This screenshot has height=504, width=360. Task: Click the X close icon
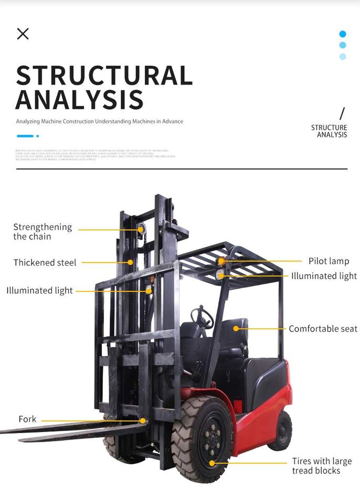click(23, 34)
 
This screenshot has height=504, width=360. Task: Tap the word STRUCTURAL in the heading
click(104, 76)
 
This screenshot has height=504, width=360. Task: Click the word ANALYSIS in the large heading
click(79, 100)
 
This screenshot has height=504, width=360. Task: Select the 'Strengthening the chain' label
click(42, 232)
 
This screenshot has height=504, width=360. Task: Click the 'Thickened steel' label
click(45, 262)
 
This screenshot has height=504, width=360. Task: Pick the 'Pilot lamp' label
click(329, 261)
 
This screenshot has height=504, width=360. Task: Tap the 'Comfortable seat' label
click(323, 329)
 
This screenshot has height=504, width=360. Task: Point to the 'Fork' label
click(27, 419)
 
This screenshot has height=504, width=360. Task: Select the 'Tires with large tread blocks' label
click(322, 466)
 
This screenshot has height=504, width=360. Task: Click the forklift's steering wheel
click(202, 317)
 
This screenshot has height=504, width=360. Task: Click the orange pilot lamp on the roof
click(221, 261)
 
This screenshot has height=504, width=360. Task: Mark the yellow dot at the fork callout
click(143, 421)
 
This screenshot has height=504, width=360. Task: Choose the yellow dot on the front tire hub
click(212, 463)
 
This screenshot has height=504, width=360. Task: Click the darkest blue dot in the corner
click(343, 34)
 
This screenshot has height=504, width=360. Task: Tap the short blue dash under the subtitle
click(25, 136)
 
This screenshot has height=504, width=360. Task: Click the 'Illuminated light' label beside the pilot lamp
click(324, 276)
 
